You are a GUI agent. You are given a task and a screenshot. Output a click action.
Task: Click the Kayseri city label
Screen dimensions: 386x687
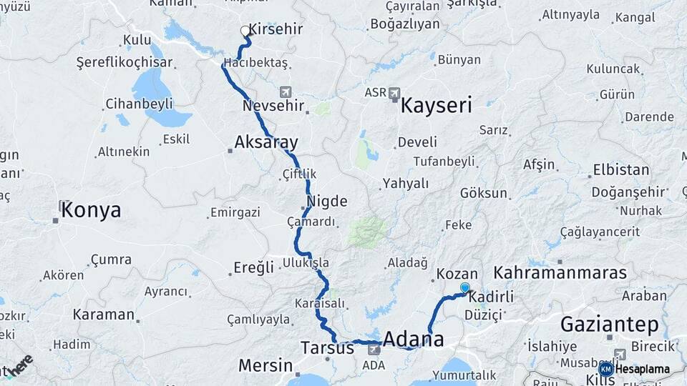pos(436,107)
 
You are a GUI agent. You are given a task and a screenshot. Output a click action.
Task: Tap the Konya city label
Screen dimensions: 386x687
pos(90,210)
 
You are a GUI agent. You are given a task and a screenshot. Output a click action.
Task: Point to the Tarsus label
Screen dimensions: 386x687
pos(327,349)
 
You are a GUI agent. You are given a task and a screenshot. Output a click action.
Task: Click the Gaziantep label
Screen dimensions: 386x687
pos(609,325)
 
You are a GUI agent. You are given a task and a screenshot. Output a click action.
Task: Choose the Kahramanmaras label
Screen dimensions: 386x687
pos(560,273)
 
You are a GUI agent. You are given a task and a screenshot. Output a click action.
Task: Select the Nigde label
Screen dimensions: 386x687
pos(327,202)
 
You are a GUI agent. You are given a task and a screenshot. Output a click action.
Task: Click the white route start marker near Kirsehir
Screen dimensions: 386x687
pos(245,31)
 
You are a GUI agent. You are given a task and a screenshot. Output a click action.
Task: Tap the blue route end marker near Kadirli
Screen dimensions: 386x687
pos(465,287)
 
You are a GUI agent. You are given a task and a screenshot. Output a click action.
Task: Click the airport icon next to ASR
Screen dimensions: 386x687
pos(396,93)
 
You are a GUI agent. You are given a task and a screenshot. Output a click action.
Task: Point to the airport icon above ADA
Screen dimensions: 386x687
pos(374,350)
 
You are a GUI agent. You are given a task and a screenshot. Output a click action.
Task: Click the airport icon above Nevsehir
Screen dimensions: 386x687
pos(286,92)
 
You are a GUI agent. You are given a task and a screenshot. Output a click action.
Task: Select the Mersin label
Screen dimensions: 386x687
pos(265,366)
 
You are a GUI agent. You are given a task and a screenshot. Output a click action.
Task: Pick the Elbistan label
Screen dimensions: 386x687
pos(620,171)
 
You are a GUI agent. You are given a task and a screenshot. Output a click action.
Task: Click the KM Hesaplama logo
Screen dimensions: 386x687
pos(637,369)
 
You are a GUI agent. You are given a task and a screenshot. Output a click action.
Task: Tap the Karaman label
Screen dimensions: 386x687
pos(103,315)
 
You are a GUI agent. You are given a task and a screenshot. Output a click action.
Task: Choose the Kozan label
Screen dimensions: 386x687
pos(457,274)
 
